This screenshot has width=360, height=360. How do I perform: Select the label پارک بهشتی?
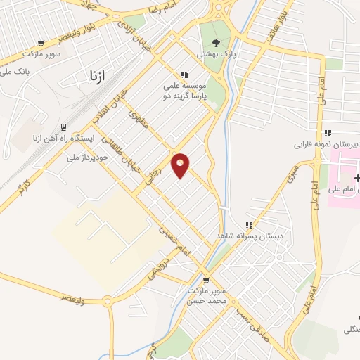tap(215, 54)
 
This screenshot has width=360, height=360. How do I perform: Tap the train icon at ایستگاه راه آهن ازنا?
tap(63, 127)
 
